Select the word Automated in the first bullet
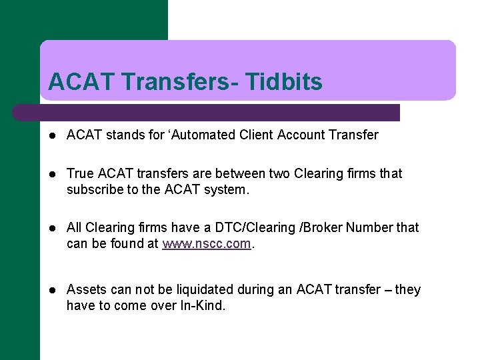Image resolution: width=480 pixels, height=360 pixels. click(206, 135)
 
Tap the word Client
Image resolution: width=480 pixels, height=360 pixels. click(256, 135)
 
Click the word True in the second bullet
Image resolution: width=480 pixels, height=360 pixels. click(81, 174)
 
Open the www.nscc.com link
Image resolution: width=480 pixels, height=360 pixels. click(207, 244)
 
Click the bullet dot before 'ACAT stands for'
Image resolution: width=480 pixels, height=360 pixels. click(53, 136)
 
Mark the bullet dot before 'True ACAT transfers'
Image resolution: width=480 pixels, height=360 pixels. click(53, 175)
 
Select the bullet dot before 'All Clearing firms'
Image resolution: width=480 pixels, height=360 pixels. click(53, 229)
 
